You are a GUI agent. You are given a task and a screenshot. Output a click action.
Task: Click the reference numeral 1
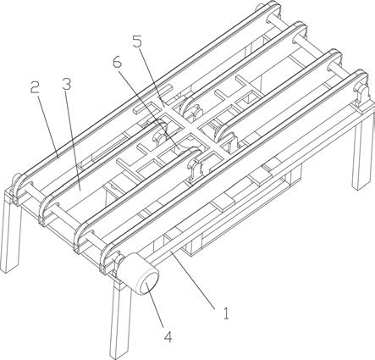click(x=226, y=313)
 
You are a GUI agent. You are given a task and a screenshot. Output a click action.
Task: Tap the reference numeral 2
click(x=36, y=87)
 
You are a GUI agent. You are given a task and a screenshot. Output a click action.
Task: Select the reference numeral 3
click(x=67, y=84)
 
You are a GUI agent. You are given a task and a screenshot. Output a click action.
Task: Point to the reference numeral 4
click(x=168, y=336)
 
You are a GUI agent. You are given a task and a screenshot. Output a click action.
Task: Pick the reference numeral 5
click(x=137, y=42)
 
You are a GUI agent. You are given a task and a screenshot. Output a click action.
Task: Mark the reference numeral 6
click(x=117, y=62)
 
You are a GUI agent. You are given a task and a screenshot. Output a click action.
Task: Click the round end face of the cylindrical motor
click(x=147, y=283)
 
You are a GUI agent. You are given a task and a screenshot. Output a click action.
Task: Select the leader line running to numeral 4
click(x=155, y=306)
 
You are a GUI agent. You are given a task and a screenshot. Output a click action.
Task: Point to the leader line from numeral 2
click(x=48, y=126)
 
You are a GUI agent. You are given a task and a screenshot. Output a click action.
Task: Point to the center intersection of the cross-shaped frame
click(x=188, y=129)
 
